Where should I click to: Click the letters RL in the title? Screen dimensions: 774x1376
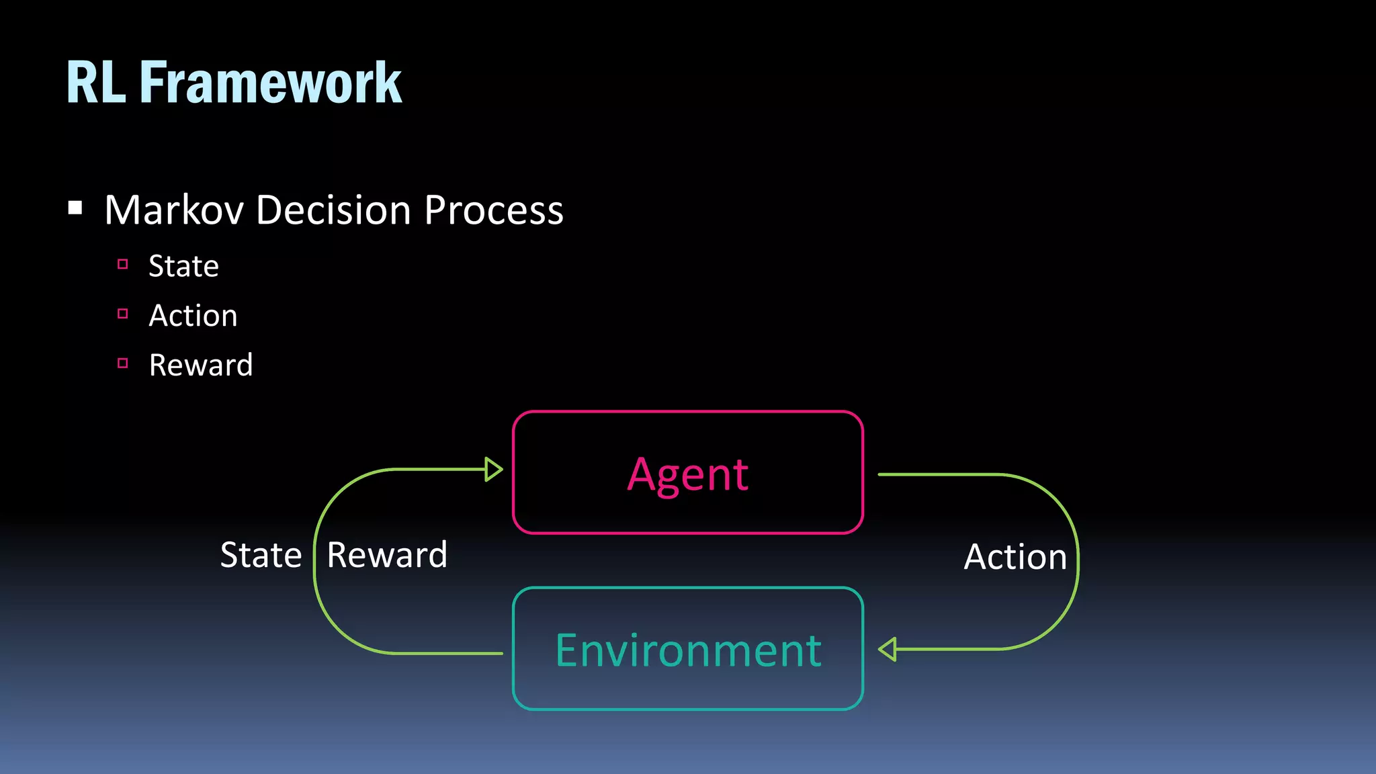click(x=96, y=83)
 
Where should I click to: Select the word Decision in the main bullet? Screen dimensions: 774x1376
click(x=333, y=210)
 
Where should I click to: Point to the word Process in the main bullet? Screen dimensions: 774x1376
click(x=494, y=210)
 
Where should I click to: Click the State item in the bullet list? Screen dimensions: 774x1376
click(x=183, y=266)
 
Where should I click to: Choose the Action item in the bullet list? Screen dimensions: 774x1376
click(x=193, y=316)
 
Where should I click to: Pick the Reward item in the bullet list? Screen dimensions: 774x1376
click(x=200, y=365)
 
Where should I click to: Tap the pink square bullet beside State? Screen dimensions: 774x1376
click(x=122, y=264)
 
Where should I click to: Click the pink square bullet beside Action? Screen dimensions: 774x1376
click(x=122, y=314)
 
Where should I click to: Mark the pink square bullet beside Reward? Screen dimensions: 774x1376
click(x=122, y=363)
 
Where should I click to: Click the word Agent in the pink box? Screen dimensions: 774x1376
click(x=687, y=474)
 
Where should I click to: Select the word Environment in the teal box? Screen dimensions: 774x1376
click(x=687, y=650)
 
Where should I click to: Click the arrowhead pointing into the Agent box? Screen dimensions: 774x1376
click(x=494, y=469)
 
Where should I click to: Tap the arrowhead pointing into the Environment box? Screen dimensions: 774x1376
click(x=888, y=650)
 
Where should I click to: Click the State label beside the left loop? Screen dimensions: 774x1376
click(x=261, y=556)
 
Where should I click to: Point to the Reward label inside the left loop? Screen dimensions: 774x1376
click(x=387, y=556)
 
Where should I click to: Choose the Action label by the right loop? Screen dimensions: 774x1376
click(x=1015, y=557)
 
